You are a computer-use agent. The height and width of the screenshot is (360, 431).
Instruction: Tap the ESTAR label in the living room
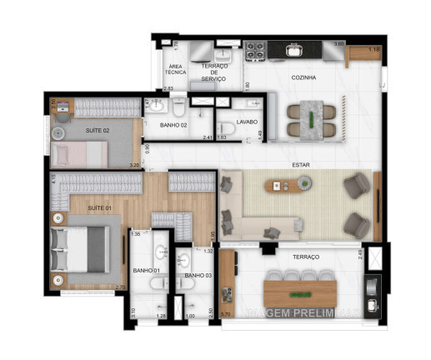click(301, 164)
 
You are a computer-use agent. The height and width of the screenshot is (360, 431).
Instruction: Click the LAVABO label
click(246, 121)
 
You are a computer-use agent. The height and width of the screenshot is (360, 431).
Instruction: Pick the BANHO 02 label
click(173, 125)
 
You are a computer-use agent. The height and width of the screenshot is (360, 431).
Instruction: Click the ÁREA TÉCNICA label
click(175, 70)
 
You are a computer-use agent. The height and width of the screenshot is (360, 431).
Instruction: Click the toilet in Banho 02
click(178, 106)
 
